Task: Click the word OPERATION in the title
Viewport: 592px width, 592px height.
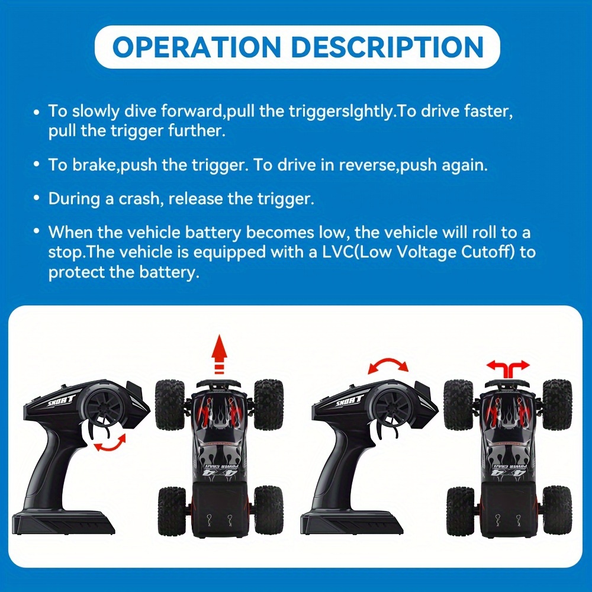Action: [197, 47]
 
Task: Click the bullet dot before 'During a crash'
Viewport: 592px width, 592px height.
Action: [36, 198]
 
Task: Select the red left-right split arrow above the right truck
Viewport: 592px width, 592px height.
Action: [508, 368]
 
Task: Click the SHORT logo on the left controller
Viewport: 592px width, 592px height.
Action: [62, 401]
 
